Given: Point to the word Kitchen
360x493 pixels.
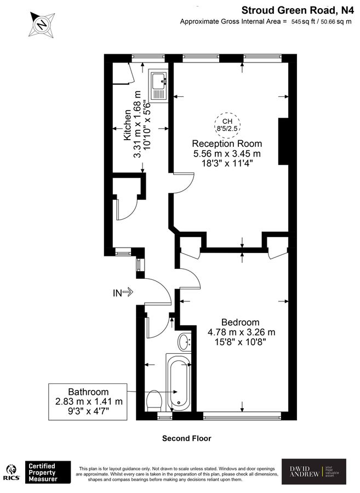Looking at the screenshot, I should (127, 124).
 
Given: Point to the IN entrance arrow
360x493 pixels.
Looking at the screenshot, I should (123, 293).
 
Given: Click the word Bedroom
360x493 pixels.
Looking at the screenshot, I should (241, 322).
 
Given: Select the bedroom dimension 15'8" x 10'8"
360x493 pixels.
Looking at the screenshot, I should (241, 341).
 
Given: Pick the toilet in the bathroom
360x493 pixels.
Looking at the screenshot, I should (155, 401).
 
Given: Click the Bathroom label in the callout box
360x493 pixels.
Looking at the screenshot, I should (88, 392).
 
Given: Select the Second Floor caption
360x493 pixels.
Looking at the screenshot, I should (186, 438).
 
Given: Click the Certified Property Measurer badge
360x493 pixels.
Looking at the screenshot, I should (49, 472).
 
